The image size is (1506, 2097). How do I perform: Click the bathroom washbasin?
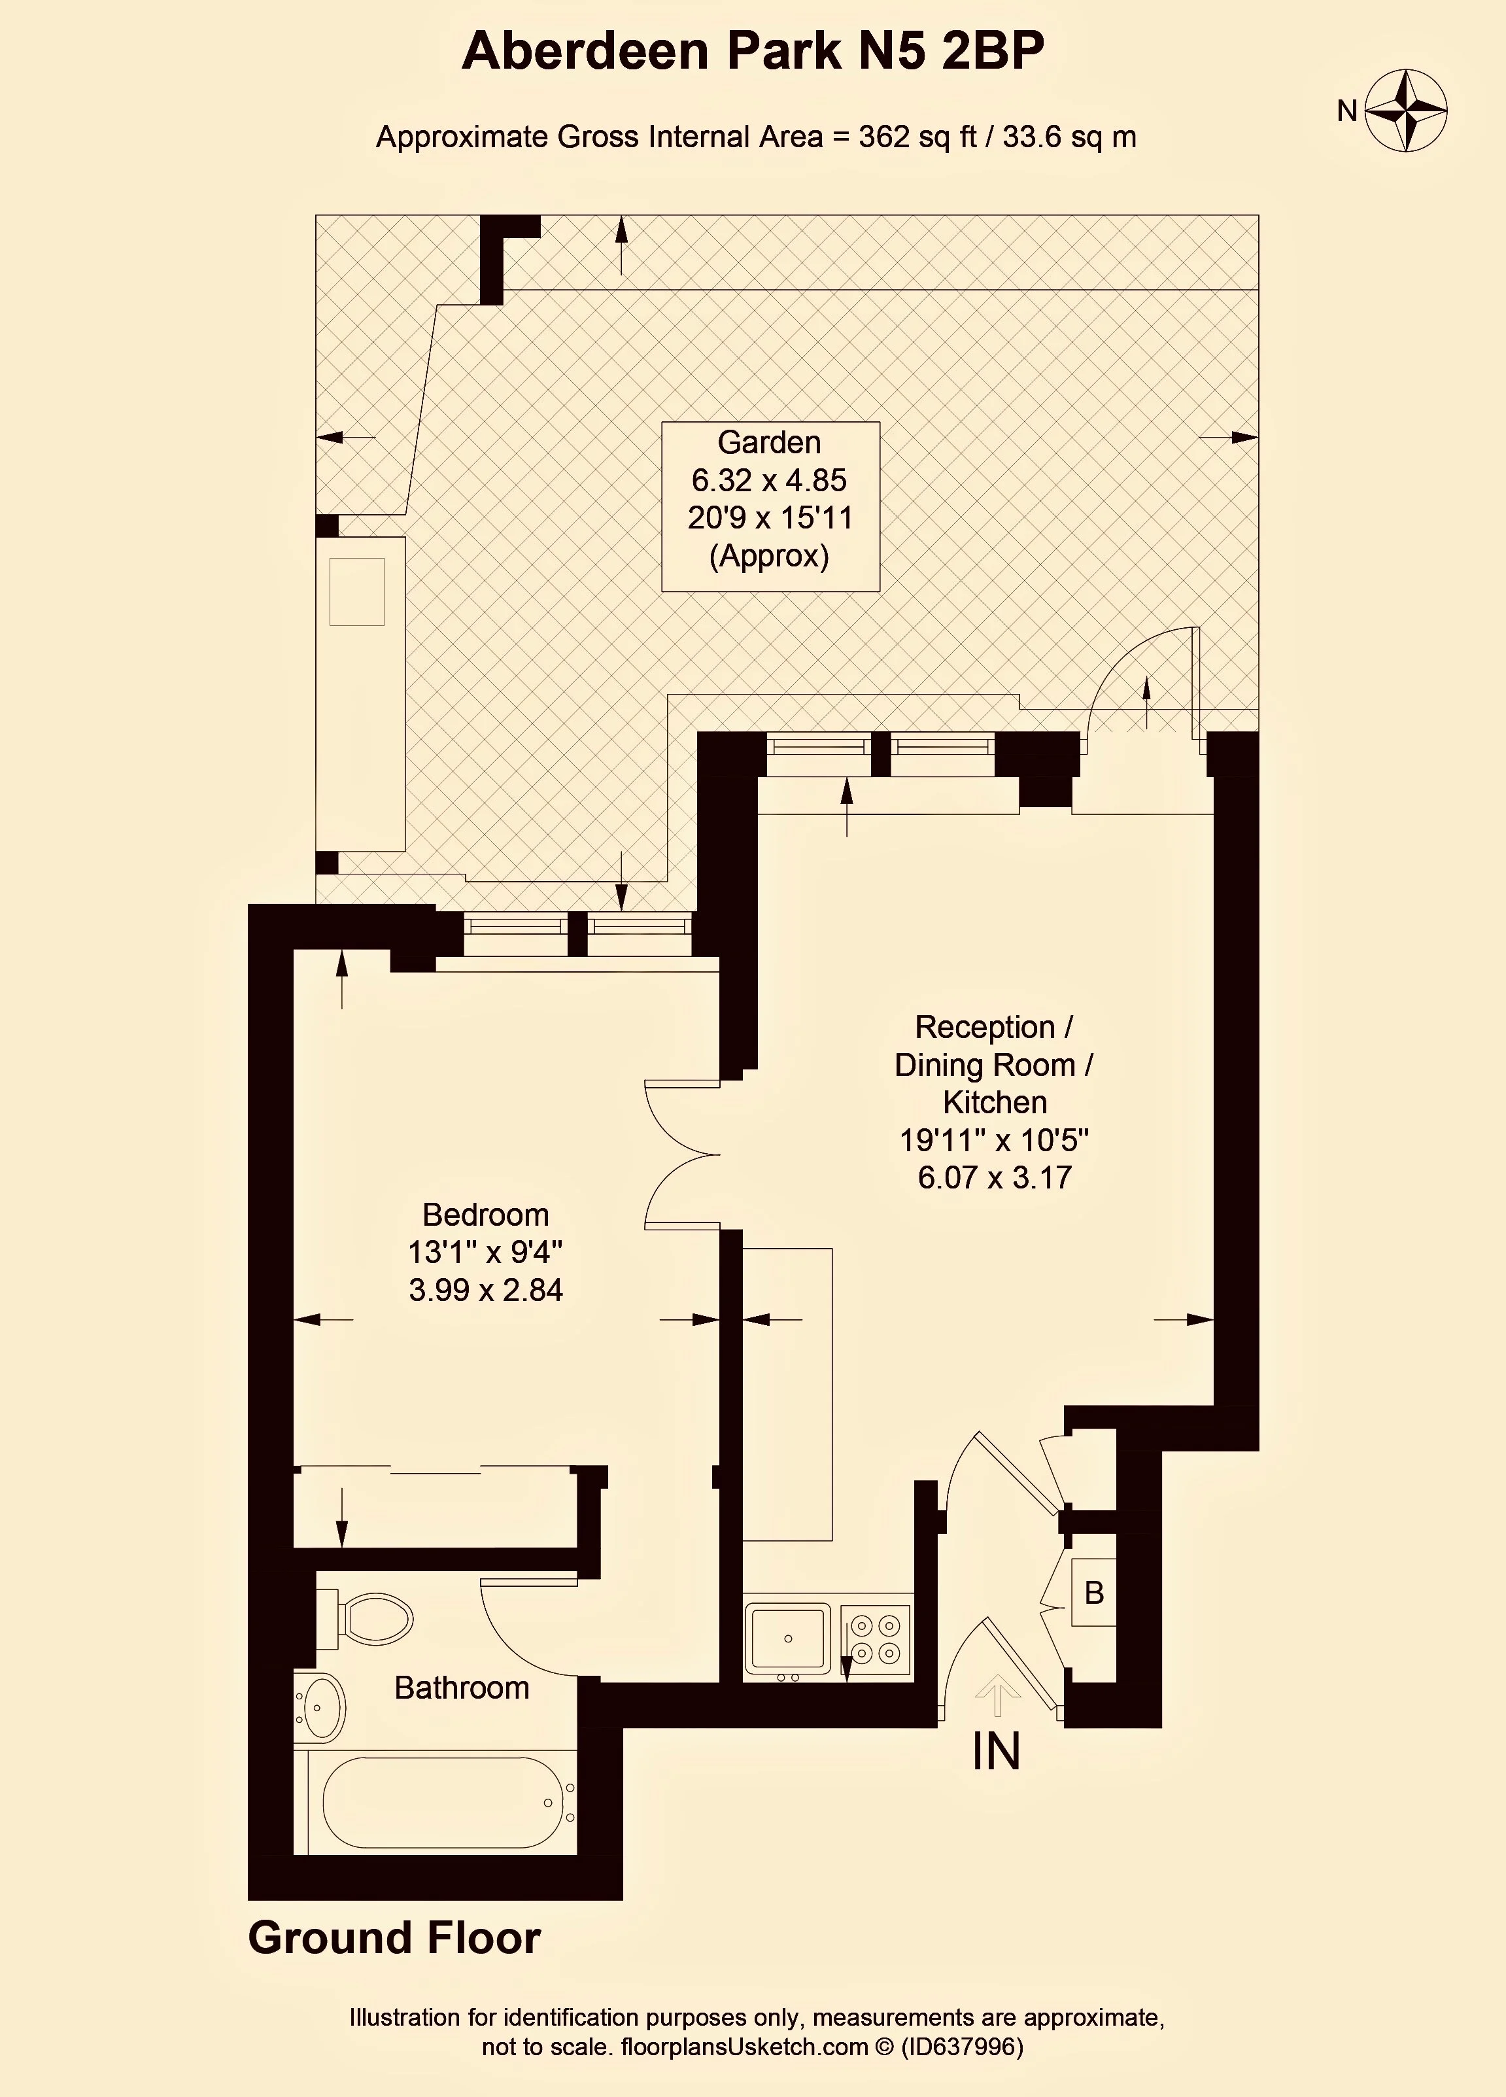point(319,1705)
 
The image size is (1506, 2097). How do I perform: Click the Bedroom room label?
point(485,1214)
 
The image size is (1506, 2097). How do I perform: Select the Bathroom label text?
point(461,1688)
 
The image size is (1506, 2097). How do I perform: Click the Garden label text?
point(769,443)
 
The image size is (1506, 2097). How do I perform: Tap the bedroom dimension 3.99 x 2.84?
point(485,1290)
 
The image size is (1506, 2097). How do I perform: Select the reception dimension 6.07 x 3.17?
point(995,1177)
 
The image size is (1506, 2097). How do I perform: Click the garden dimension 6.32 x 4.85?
point(769,480)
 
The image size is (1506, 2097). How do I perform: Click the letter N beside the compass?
point(1347,111)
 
